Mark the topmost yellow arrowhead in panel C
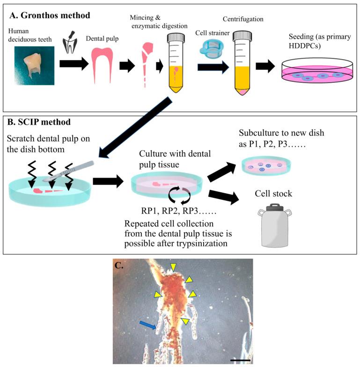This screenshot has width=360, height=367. tap(174, 267)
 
